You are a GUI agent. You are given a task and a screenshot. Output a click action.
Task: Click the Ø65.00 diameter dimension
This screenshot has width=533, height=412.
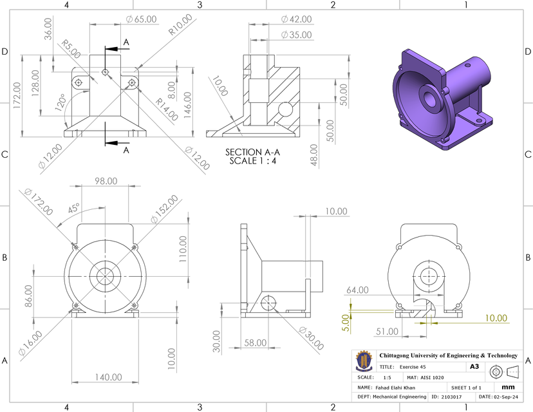(141, 19)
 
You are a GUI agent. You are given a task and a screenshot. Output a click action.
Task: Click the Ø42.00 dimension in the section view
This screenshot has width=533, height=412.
(296, 19)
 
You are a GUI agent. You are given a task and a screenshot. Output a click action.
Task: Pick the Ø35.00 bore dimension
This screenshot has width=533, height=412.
(296, 35)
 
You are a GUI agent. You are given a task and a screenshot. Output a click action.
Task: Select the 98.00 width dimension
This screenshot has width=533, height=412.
(106, 181)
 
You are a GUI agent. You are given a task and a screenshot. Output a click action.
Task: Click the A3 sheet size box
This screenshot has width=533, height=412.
(474, 366)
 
